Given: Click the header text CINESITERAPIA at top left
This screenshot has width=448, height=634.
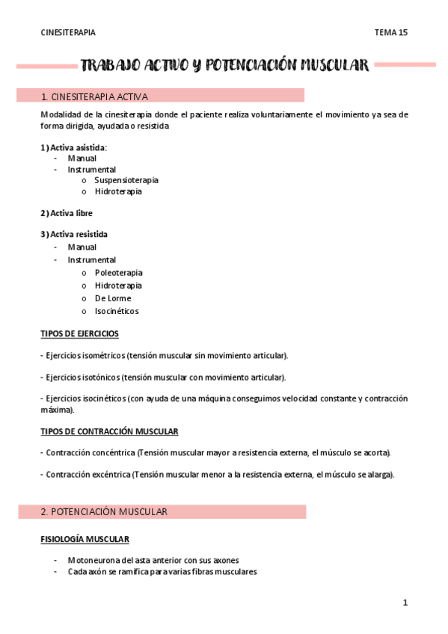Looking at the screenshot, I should click(68, 33).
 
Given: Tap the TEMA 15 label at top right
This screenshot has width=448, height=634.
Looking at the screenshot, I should click(390, 33).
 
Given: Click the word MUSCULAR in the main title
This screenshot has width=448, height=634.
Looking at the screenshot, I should click(334, 66).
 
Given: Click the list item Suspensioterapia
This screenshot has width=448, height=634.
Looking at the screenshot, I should click(126, 180).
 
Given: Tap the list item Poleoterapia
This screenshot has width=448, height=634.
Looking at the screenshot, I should click(118, 273).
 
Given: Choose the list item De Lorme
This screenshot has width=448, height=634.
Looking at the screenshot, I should click(112, 298).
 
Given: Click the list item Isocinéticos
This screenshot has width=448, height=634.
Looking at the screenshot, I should click(116, 311).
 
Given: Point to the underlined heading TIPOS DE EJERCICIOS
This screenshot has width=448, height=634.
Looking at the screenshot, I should click(79, 333).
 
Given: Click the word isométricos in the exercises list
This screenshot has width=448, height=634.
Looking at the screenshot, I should click(101, 355).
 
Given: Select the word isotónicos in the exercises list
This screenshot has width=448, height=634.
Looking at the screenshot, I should click(99, 378).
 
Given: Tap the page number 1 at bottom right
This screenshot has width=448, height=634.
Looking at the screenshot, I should click(405, 603).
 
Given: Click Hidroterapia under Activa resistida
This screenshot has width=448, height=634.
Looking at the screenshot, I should click(118, 286).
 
